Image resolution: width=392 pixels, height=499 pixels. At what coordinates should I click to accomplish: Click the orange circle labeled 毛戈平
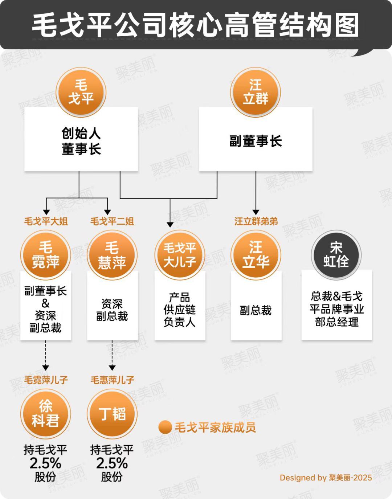tap(81, 92)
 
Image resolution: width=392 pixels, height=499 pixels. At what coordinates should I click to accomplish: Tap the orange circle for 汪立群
tap(256, 92)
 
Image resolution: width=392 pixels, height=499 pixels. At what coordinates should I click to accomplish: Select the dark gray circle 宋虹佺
tap(336, 255)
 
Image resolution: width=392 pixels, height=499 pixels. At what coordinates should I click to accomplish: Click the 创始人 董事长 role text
tap(81, 141)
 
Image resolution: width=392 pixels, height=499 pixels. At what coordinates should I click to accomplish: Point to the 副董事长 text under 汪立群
tap(256, 141)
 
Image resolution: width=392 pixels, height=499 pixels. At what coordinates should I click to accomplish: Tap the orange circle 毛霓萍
tap(45, 255)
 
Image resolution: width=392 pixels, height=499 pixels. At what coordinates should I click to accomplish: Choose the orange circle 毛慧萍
tap(112, 255)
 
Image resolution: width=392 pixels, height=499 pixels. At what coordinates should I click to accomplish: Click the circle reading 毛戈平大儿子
tap(180, 255)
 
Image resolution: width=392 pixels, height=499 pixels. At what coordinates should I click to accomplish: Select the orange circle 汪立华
tap(256, 255)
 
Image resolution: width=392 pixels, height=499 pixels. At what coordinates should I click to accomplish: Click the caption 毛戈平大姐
tap(46, 221)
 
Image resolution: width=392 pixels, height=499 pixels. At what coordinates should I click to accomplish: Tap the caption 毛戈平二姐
tap(112, 221)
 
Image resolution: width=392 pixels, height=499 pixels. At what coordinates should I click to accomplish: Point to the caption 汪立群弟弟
tap(256, 221)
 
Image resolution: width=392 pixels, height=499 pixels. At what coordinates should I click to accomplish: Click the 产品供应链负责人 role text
tap(180, 310)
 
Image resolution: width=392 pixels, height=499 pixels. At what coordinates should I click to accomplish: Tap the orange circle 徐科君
tap(45, 414)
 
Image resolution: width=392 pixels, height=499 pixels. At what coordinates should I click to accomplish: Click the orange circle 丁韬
tap(112, 414)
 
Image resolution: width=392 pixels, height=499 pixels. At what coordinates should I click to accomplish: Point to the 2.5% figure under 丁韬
tap(112, 463)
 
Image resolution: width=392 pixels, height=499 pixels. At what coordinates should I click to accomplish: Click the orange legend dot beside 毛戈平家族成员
tap(165, 427)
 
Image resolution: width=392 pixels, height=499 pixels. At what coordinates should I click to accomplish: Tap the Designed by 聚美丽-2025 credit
tap(326, 478)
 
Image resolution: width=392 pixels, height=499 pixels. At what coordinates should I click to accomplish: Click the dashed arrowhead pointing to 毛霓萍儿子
tap(45, 368)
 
